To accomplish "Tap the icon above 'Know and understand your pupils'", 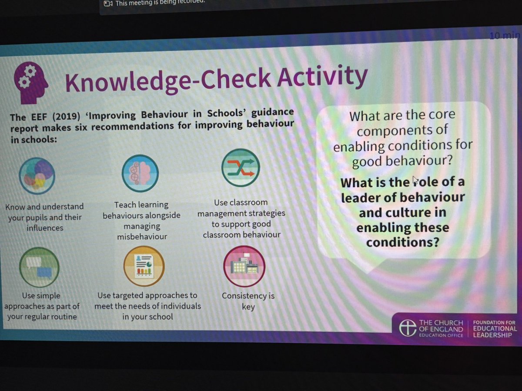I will point(37,175).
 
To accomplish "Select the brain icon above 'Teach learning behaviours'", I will point(140,173).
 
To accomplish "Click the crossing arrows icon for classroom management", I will point(241,168).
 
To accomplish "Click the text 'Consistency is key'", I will point(248,301).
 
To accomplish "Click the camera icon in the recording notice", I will point(108,3).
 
